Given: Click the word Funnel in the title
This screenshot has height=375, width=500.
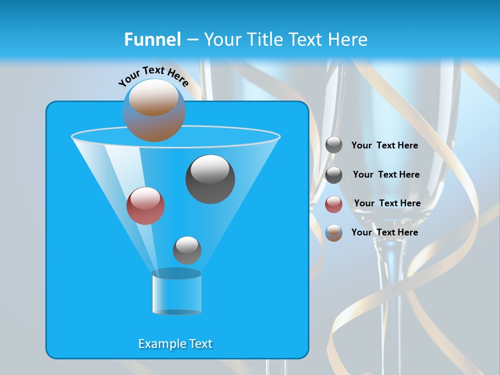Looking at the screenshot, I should click(152, 40).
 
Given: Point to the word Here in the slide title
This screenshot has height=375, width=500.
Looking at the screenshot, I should click(347, 40).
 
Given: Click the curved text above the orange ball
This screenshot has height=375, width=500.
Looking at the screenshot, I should click(154, 76).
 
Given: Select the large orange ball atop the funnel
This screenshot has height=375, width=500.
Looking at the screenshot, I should click(154, 110).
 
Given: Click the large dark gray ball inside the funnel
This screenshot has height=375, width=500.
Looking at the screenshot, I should click(210, 179).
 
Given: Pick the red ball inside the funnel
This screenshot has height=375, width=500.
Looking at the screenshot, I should click(145, 206).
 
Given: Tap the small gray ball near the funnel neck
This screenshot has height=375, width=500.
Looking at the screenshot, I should click(187, 250).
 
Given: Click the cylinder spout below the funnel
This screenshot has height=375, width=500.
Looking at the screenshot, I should click(177, 292).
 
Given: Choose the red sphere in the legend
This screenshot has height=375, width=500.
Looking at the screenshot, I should click(334, 204).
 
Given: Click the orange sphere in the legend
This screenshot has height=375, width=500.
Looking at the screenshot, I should click(334, 233).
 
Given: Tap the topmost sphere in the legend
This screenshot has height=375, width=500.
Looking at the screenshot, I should click(334, 145).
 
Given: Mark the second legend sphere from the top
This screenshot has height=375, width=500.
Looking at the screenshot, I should click(334, 175).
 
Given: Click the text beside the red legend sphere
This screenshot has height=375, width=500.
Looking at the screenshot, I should click(387, 203).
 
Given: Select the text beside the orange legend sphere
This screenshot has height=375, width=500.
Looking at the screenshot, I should click(384, 232).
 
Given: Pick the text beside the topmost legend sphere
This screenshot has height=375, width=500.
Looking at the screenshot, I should click(384, 145).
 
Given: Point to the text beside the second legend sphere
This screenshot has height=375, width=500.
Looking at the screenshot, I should click(386, 174).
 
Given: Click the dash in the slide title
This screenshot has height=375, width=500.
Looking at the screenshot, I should click(192, 40).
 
